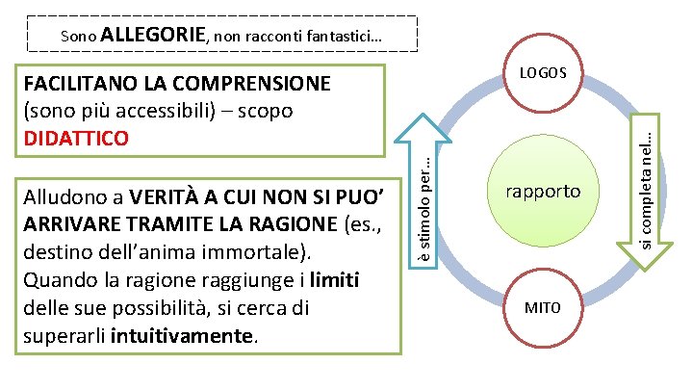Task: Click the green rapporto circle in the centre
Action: (x=543, y=191)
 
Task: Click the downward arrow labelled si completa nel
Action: (x=652, y=183)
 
